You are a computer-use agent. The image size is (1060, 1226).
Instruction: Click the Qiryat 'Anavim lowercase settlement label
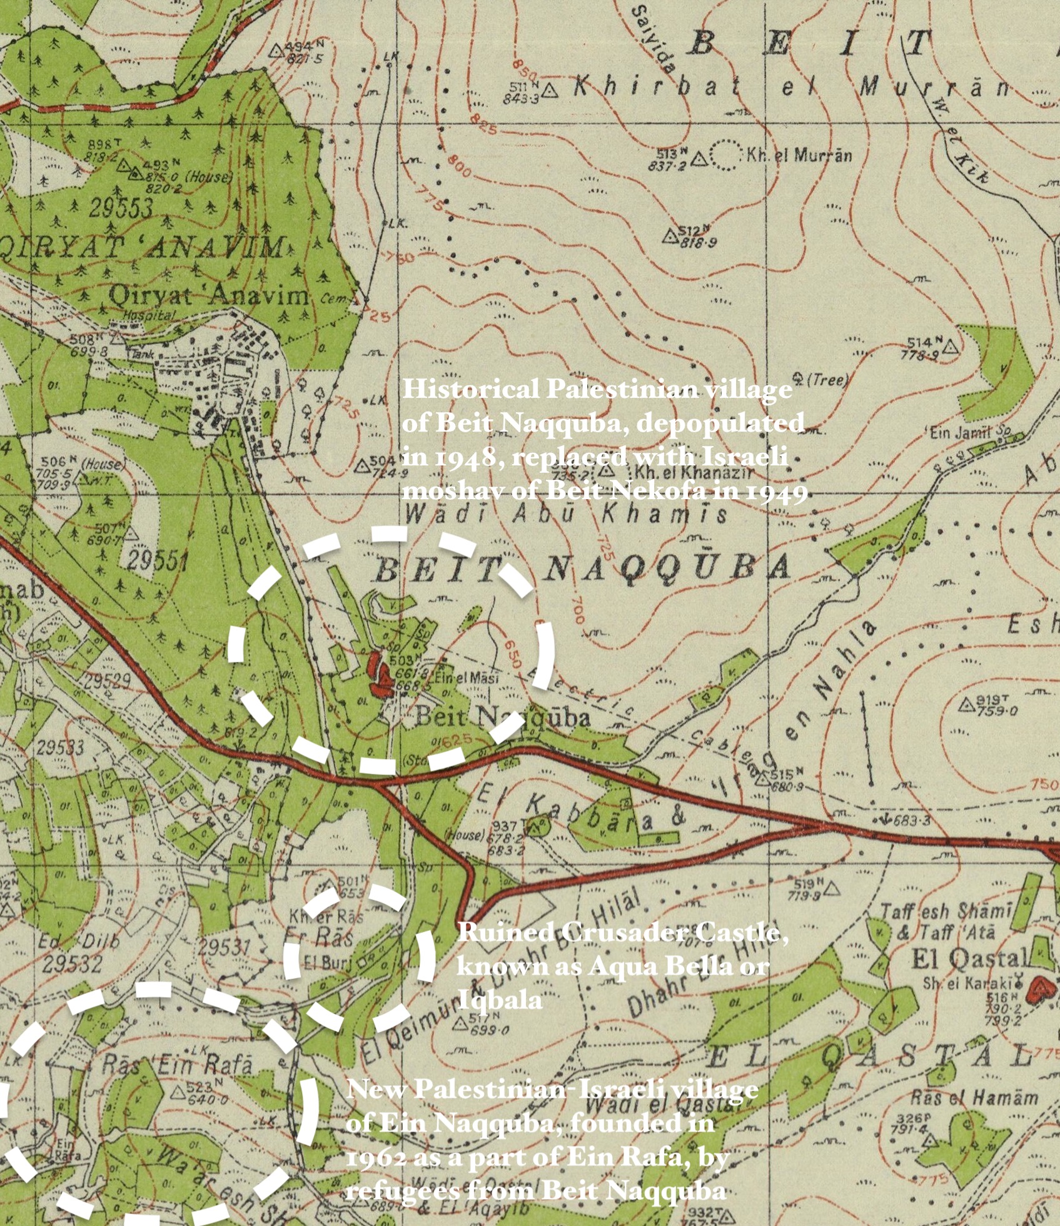(209, 295)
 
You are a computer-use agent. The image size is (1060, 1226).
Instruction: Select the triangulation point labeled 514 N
(949, 347)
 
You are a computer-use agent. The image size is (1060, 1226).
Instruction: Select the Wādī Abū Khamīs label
(567, 514)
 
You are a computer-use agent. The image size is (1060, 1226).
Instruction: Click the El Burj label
(322, 963)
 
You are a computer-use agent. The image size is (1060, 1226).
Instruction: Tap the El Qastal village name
(969, 958)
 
